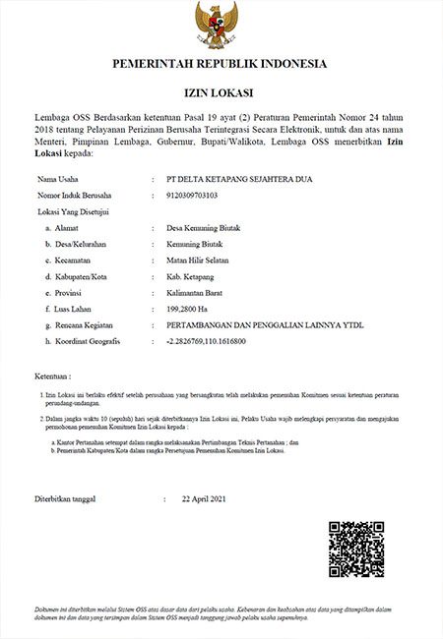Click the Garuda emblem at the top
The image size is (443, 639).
221,24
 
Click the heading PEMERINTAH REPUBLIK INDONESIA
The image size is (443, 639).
221,64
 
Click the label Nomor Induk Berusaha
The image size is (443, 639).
74,196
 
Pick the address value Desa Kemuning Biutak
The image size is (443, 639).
204,228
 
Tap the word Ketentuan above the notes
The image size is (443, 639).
54,377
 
